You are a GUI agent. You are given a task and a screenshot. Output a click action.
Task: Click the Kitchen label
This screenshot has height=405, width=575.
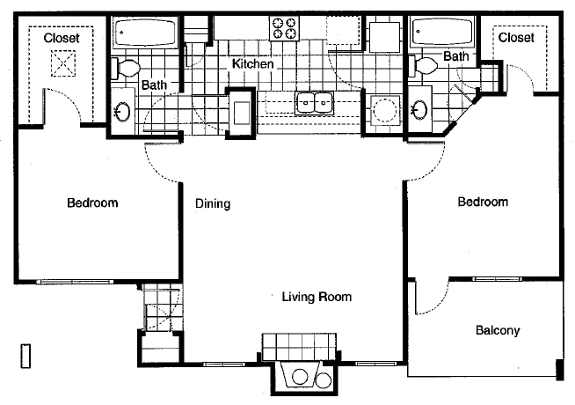click(x=252, y=64)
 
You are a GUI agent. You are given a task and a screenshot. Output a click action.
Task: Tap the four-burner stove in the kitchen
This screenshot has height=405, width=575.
click(x=285, y=28)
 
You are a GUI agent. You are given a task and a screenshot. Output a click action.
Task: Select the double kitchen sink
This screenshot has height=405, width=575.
click(x=314, y=102)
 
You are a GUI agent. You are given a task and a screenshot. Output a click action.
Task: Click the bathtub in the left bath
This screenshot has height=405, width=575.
click(x=145, y=33)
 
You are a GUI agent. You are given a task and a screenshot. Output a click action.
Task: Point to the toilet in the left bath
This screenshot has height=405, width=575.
click(x=126, y=69)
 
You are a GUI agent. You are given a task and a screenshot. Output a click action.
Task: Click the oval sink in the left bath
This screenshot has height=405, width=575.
click(x=122, y=111)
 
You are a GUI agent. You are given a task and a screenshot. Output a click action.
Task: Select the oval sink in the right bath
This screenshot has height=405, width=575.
click(x=419, y=109)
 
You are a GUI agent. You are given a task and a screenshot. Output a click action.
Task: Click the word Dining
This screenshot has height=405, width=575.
click(x=213, y=203)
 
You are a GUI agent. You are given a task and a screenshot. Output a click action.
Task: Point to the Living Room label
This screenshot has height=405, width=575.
click(x=317, y=297)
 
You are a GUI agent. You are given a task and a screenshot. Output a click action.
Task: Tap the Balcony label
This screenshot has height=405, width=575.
click(x=498, y=330)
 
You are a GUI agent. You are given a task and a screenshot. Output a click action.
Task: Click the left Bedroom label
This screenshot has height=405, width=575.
click(x=92, y=202)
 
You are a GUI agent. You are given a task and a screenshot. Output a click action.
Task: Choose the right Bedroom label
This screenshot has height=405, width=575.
click(x=483, y=202)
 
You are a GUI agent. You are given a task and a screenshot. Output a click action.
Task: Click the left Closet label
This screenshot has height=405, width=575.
click(x=62, y=38)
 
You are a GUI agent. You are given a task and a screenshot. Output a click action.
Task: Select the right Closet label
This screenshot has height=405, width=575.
click(x=516, y=37)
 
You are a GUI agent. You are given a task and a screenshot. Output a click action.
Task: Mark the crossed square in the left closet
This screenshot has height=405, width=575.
click(x=63, y=63)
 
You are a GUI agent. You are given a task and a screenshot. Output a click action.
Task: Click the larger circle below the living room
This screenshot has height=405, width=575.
click(x=300, y=376)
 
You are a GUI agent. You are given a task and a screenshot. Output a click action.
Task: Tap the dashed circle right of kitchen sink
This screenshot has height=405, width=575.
click(x=384, y=110)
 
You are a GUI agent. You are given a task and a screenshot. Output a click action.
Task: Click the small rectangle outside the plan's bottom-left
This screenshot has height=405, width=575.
click(x=25, y=356)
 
